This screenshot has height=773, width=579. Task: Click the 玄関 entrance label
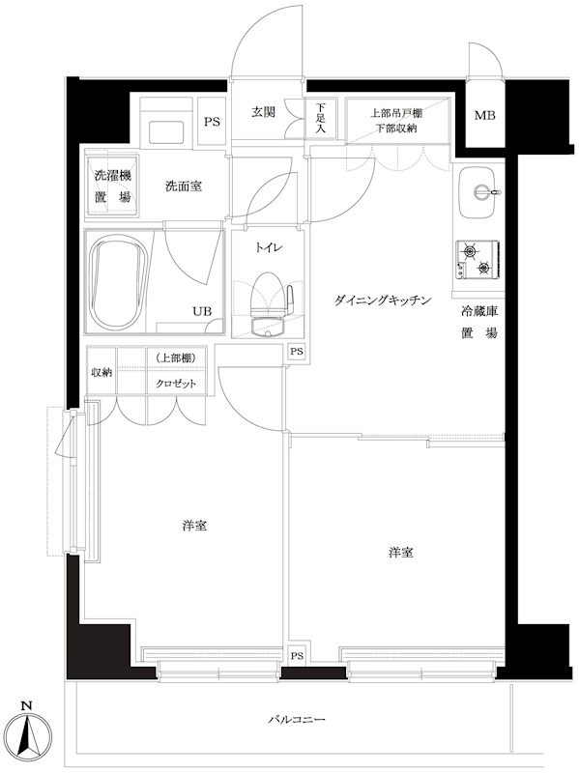[x=264, y=112]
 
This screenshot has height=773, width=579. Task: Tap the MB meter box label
[x=484, y=117]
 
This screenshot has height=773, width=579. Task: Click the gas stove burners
[x=477, y=256]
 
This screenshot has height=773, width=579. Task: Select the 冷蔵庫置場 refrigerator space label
[x=478, y=323]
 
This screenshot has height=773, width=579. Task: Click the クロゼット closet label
[x=177, y=384]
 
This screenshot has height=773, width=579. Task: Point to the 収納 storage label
[x=101, y=371]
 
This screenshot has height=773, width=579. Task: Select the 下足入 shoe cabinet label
[x=321, y=117]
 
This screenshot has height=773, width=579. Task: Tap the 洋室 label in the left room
[x=194, y=527]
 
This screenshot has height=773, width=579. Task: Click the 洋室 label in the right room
[x=401, y=553]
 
